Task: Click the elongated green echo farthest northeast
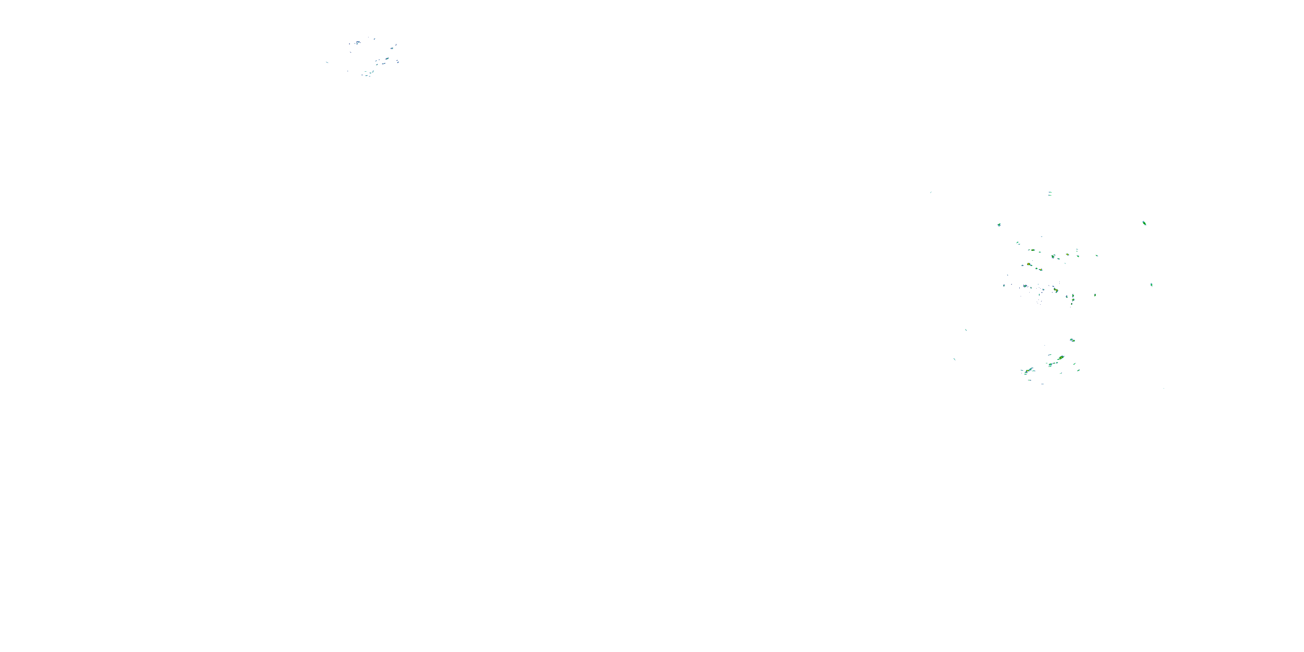[x=1144, y=223]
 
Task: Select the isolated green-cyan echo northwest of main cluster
[x=999, y=224]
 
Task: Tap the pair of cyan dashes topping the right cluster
[x=1050, y=193]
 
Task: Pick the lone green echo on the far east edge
[x=1151, y=285]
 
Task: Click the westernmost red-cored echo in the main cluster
[x=1029, y=264]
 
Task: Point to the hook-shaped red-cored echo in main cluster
[x=1055, y=290]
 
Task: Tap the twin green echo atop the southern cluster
[x=1071, y=339]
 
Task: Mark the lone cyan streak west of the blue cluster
[x=327, y=62]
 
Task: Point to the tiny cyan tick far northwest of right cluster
[x=931, y=193]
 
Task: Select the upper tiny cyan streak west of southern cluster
[x=966, y=330]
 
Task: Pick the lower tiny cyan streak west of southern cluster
[x=954, y=359]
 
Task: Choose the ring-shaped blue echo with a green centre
[x=1025, y=286]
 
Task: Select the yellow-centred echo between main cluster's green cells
[x=1068, y=254]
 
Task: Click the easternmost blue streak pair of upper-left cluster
[x=398, y=62]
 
